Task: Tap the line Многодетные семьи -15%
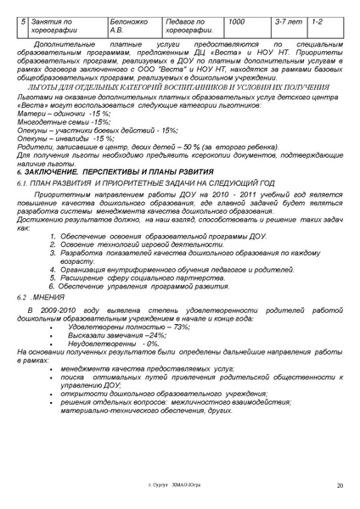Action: click(65, 121)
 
